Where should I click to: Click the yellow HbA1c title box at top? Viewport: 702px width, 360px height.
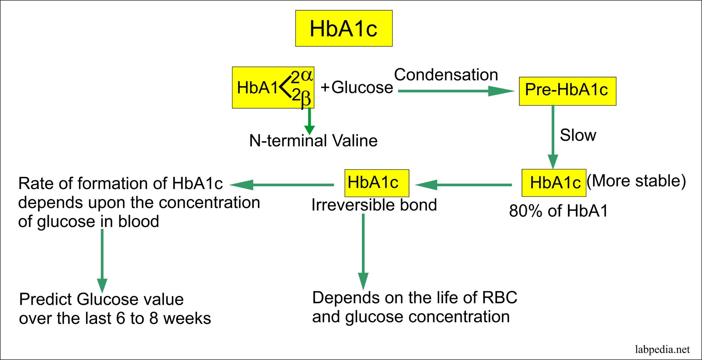344,28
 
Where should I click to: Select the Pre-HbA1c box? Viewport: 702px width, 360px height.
567,91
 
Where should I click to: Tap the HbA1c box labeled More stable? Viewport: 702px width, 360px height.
554,183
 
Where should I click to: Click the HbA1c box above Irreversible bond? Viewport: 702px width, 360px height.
376,183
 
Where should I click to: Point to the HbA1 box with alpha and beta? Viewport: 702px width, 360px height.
273,87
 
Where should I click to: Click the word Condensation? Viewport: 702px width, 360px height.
446,75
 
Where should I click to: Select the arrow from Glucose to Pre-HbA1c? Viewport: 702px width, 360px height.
456,91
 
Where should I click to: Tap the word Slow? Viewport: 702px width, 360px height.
578,135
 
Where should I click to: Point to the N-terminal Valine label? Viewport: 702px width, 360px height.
313,141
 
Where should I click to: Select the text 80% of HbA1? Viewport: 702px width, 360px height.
558,211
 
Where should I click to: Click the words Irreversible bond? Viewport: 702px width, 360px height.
374,205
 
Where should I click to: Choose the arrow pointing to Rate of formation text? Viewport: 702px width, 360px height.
281,185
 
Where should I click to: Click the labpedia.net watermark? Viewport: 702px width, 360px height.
662,350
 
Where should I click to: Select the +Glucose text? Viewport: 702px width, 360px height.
356,87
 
